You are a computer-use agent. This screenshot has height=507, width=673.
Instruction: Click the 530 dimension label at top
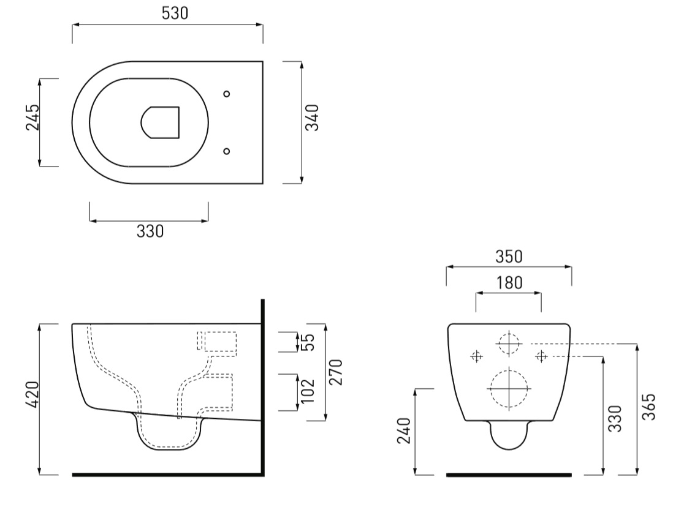[x=175, y=13]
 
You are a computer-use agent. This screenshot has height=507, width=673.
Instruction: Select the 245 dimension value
[x=32, y=117]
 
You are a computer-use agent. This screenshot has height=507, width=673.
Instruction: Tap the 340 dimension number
[x=312, y=117]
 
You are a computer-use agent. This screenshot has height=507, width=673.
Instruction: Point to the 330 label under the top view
[x=150, y=231]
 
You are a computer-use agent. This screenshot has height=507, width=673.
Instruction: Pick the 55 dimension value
[x=308, y=342]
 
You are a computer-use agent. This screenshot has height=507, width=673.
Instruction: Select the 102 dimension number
[x=308, y=391]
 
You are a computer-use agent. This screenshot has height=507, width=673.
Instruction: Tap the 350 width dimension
[x=509, y=257]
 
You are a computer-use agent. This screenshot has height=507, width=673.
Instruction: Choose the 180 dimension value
[x=509, y=283]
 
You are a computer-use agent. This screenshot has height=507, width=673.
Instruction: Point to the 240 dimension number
[x=404, y=430]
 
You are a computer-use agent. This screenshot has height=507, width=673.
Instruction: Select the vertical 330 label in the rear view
[x=615, y=418]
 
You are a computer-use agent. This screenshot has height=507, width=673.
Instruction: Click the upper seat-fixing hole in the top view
[x=227, y=94]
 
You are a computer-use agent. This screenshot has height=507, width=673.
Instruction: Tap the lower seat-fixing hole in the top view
[x=227, y=151]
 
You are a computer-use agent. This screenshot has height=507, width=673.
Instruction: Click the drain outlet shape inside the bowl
[x=160, y=122]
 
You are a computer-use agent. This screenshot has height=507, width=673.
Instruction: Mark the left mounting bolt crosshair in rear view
[x=476, y=356]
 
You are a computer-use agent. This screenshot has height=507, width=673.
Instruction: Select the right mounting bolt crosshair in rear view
[x=541, y=356]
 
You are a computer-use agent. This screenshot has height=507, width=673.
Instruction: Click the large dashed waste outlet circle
[x=509, y=389]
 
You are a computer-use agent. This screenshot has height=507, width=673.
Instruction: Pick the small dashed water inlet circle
[x=509, y=344]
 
